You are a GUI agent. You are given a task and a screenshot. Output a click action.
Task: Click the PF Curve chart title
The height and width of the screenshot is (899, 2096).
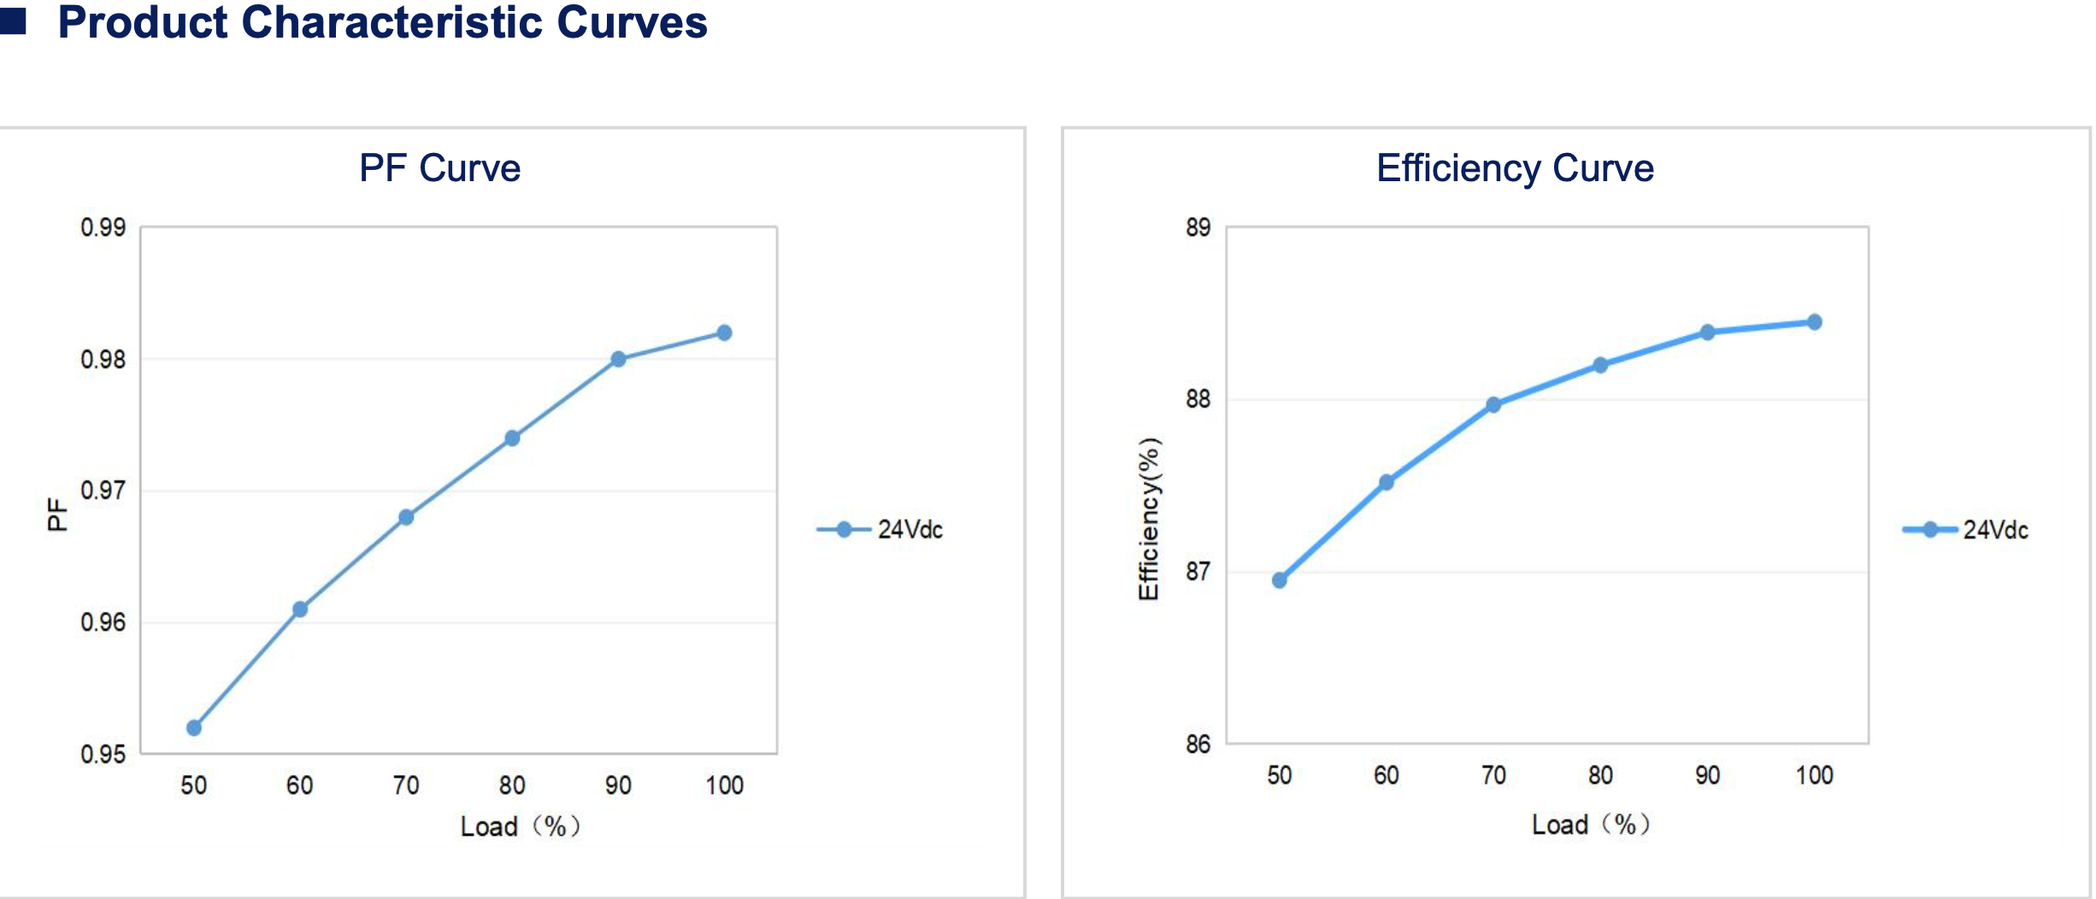[x=439, y=168]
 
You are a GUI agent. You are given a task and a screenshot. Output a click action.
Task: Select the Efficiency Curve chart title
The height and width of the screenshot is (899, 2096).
[x=1514, y=168]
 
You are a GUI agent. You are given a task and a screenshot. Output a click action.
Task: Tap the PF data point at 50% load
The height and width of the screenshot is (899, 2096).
[x=194, y=728]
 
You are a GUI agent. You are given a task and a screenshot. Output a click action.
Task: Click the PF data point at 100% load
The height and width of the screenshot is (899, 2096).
[x=724, y=332]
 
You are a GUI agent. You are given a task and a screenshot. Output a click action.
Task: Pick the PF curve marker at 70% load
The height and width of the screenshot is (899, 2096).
[x=406, y=517]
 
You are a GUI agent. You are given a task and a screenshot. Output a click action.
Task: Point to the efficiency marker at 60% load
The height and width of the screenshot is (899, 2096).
[x=1387, y=482]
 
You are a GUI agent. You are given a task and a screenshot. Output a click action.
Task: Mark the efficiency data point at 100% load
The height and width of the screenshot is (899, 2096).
[x=1814, y=322]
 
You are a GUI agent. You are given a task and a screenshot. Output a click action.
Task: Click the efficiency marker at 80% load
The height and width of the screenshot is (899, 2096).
[x=1600, y=365]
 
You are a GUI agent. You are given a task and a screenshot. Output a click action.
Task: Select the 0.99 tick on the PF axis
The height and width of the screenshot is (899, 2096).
[x=103, y=227]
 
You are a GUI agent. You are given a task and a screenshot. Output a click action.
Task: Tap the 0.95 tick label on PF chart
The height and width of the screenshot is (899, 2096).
[x=103, y=754]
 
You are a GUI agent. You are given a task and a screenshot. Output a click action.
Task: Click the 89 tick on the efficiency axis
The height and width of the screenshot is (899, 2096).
[x=1198, y=227]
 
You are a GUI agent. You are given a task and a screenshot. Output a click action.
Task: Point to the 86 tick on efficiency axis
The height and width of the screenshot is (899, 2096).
[x=1198, y=744]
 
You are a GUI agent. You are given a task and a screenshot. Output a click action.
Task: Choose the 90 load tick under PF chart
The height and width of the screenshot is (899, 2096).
[x=618, y=785]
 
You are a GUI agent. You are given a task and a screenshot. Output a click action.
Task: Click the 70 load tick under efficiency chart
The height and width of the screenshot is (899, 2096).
[x=1493, y=775]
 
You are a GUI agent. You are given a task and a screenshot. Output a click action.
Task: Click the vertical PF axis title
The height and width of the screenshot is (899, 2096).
[x=56, y=514]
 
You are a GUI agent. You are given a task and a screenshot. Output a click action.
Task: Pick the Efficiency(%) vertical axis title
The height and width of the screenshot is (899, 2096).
[x=1149, y=519]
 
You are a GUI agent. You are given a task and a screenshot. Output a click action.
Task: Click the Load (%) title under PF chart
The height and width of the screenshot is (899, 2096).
[x=520, y=826]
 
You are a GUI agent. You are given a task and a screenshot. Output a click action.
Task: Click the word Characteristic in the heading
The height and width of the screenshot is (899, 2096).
[x=392, y=22]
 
